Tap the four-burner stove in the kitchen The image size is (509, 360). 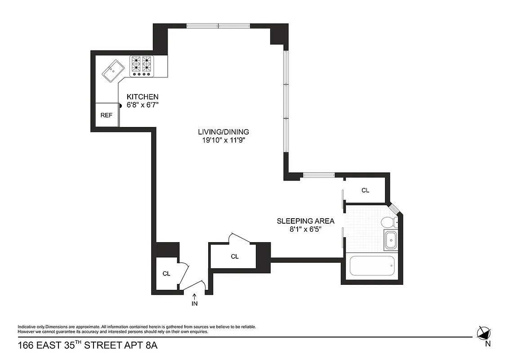click(x=141, y=66)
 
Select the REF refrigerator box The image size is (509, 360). click(x=107, y=115)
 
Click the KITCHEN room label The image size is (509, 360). click(x=143, y=97)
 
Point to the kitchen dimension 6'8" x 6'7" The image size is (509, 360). click(x=143, y=105)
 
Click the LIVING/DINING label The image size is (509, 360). click(x=223, y=132)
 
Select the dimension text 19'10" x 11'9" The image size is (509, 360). click(x=223, y=140)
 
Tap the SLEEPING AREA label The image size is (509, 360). click(x=305, y=221)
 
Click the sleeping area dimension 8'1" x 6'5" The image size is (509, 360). click(x=305, y=229)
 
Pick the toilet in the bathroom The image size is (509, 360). click(x=388, y=222)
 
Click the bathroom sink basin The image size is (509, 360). click(x=391, y=240)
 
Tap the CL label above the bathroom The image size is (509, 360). click(x=366, y=190)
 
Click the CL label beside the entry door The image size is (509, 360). click(x=166, y=273)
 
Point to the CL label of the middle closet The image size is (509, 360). click(x=234, y=256)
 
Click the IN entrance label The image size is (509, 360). click(x=195, y=303)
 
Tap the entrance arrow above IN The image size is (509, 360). click(x=195, y=296)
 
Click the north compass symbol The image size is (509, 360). click(x=483, y=333)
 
